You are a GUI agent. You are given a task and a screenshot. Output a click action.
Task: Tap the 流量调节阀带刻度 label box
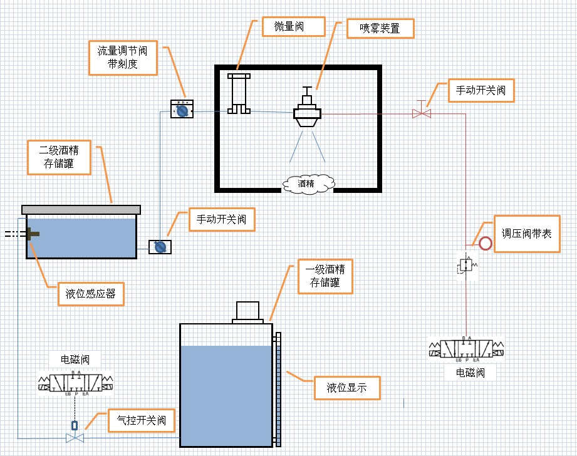123,57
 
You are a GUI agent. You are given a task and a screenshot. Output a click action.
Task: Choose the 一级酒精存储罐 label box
325,277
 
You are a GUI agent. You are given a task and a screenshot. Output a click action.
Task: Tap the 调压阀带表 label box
526,234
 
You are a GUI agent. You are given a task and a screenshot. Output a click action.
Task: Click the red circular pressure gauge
486,242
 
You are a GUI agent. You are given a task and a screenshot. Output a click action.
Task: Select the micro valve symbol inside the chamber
239,94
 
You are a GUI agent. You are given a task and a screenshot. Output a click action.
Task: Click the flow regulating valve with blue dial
182,110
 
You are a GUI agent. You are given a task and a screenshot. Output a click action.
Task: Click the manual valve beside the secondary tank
160,247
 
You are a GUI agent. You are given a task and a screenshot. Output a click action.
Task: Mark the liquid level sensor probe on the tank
30,234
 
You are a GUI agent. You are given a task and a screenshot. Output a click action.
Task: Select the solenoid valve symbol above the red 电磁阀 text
466,349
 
